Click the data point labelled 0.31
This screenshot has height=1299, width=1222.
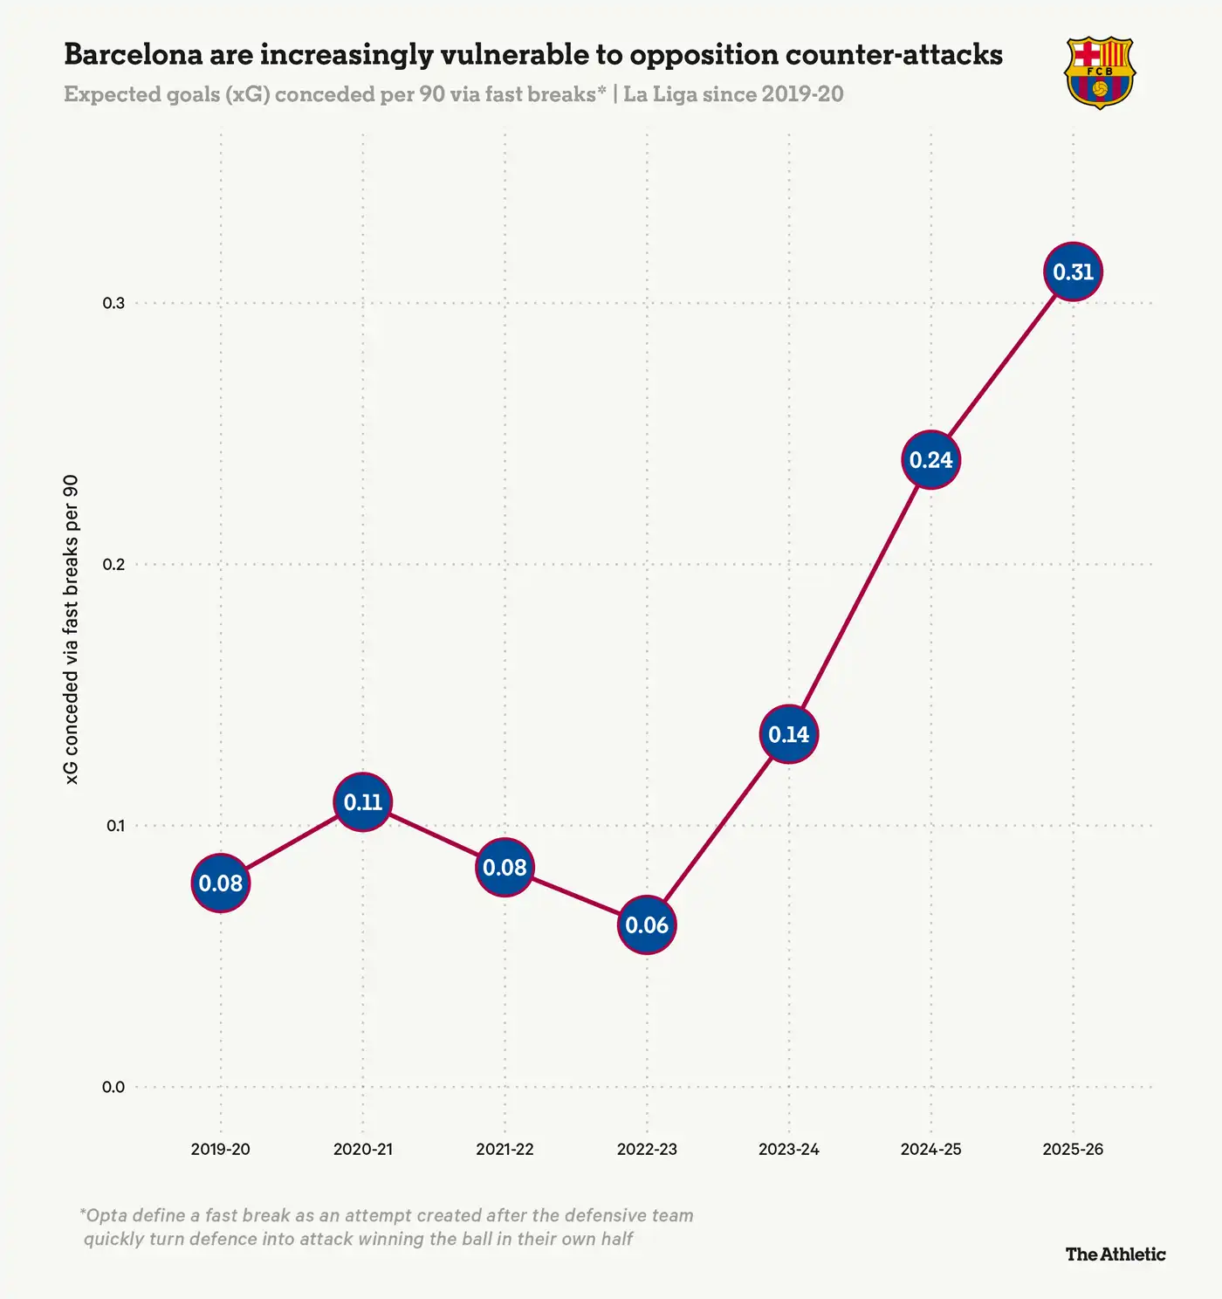coord(1073,272)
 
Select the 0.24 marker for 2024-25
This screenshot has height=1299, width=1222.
coord(930,460)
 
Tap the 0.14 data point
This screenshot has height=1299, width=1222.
coord(789,734)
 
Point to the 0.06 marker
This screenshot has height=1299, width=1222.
coord(647,924)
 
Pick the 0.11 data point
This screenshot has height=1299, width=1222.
coord(362,802)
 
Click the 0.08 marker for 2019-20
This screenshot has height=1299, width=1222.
coord(221,883)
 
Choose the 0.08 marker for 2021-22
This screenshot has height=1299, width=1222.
coord(505,868)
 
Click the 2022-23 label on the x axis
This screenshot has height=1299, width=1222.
coord(647,1149)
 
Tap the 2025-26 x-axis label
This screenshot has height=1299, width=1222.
coord(1073,1149)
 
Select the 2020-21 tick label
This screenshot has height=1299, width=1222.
coord(362,1149)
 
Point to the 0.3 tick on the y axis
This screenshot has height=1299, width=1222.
coord(113,303)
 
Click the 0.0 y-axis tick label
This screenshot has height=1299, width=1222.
coord(113,1087)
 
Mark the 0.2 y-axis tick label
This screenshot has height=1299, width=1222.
coord(113,564)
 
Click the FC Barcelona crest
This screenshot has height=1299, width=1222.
coord(1099,72)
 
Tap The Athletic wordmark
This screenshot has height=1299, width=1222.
coord(1115,1254)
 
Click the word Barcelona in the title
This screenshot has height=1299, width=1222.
coord(138,54)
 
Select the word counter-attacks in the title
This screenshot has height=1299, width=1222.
coord(894,54)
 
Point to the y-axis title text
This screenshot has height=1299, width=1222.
coord(72,629)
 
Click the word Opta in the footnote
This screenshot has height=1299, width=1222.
coord(107,1215)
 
